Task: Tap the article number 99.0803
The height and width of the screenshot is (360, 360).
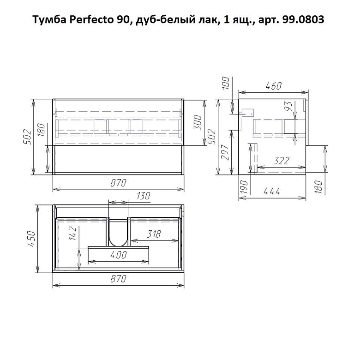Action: pos(303,19)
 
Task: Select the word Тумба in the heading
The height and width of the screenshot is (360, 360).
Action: pos(49,19)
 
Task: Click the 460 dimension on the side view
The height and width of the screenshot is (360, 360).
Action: pos(273,86)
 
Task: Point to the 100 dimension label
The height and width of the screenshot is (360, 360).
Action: pos(226,83)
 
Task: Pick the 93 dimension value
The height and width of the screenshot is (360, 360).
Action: pos(288,106)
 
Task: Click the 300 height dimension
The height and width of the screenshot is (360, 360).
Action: pos(198,122)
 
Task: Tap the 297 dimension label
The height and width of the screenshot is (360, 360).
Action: pos(225,152)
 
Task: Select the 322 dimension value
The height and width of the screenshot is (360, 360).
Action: pos(282,161)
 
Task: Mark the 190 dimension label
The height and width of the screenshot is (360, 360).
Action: pos(244,186)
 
